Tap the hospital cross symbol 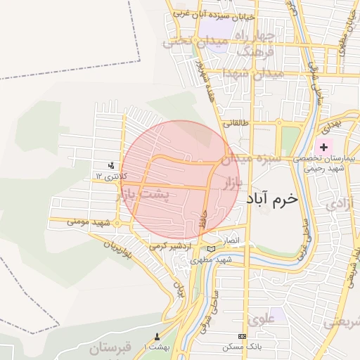pos(324,147)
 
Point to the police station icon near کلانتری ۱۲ pos(111,166)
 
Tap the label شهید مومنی pos(90,221)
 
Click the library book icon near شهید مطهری pos(212,248)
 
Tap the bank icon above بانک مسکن pos(243,337)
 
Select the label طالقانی pos(237,122)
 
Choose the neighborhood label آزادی pos(337,204)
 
